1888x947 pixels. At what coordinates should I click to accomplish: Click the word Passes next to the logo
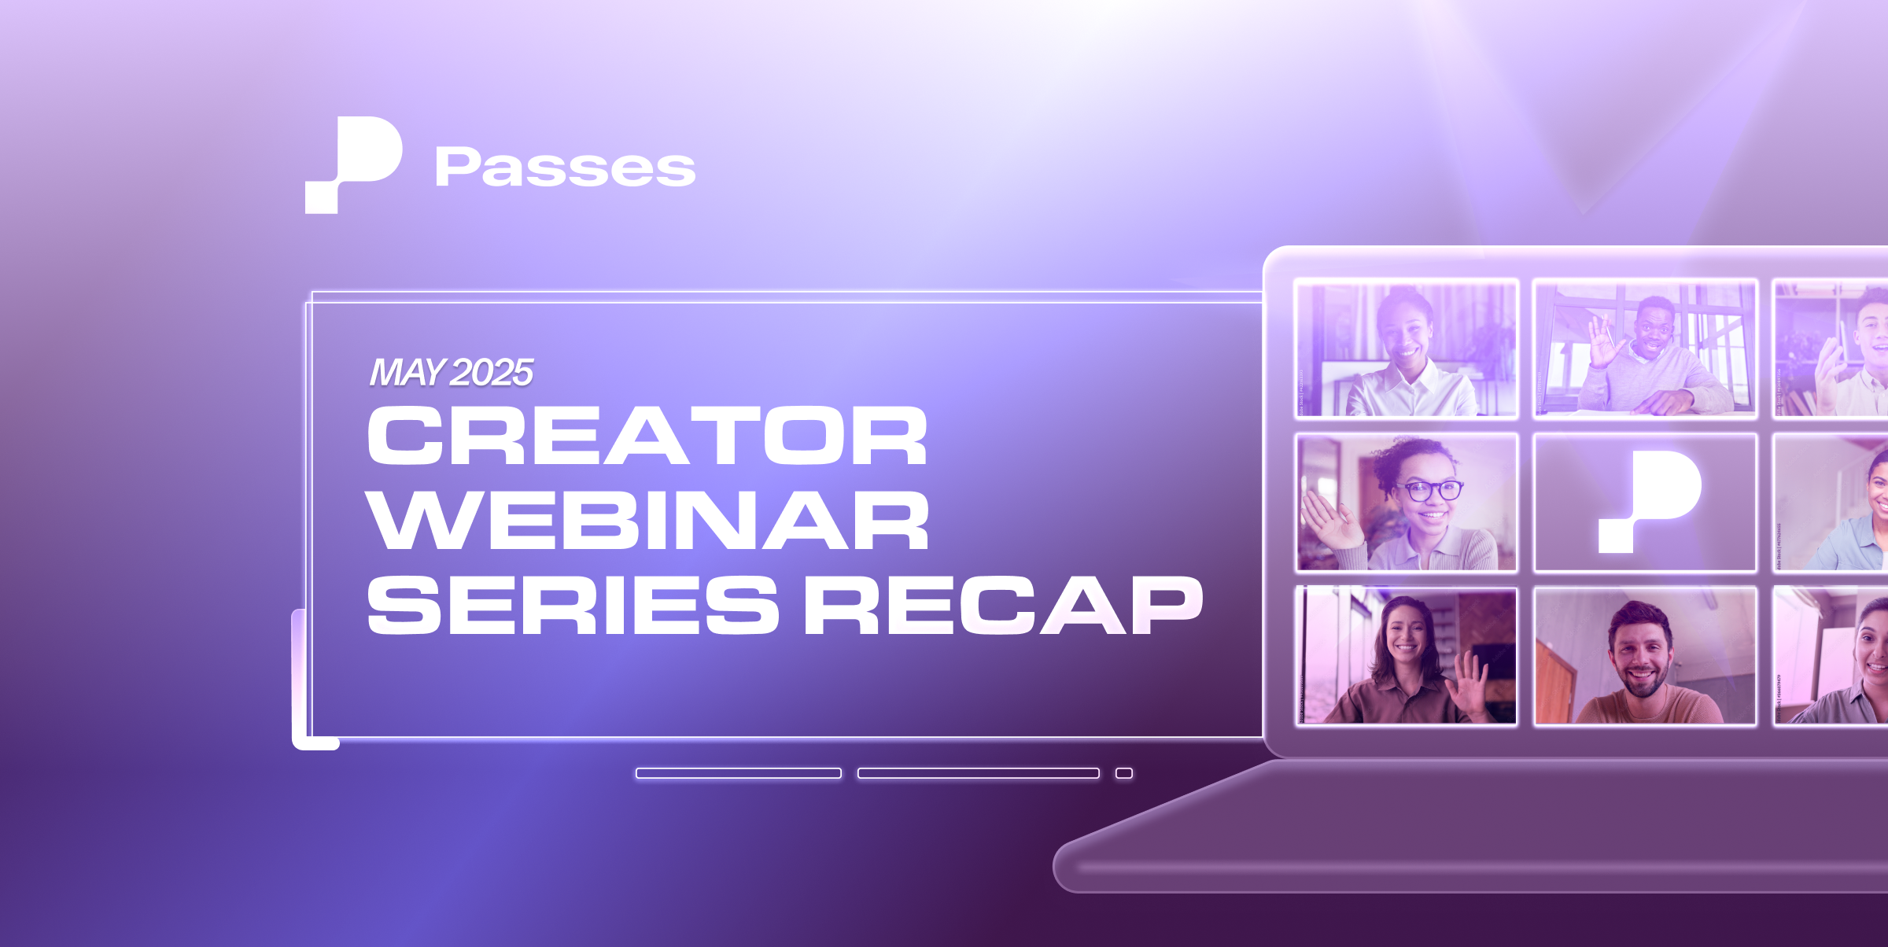tap(565, 167)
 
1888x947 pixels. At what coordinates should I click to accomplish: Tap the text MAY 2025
tap(452, 372)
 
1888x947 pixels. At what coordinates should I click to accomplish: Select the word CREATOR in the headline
tap(647, 436)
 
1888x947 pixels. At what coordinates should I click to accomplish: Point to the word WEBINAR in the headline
tap(647, 520)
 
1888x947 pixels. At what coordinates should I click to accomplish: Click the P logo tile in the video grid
tap(1646, 502)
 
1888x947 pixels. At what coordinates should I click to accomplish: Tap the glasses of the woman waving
tap(1431, 491)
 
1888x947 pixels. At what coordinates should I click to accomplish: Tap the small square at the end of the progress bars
tap(1124, 773)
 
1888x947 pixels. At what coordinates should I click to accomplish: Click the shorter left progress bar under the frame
tap(738, 773)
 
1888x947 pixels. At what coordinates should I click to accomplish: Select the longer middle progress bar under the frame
tap(978, 773)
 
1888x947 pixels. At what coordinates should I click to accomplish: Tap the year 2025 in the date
tap(493, 372)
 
